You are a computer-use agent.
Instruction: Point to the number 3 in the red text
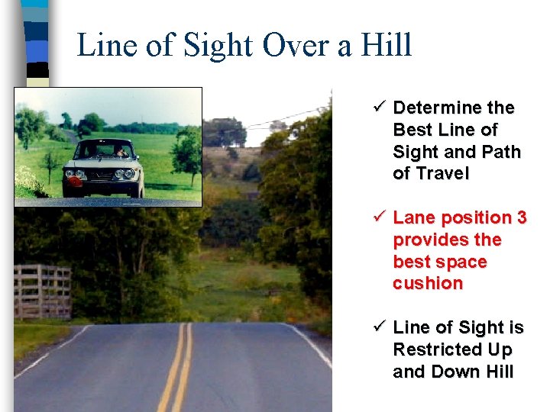[522, 217]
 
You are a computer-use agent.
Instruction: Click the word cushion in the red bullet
[428, 283]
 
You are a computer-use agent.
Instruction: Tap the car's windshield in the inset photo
[103, 150]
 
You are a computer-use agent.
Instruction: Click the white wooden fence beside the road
[42, 291]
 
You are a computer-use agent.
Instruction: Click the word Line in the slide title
[106, 45]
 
